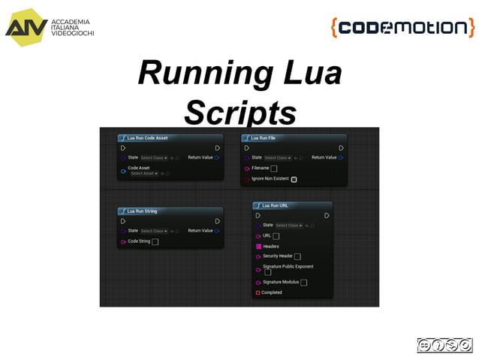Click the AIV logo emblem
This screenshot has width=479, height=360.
tap(26, 25)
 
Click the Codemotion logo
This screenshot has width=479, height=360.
tap(402, 28)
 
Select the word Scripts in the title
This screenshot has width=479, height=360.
tap(239, 113)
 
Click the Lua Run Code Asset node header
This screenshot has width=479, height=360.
tap(147, 139)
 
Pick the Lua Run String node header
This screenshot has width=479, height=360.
tap(142, 212)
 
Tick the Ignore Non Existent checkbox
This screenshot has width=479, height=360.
tap(294, 180)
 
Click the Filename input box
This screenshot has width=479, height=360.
tap(274, 169)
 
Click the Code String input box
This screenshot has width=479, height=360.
tap(155, 242)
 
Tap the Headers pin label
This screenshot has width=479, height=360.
tap(271, 247)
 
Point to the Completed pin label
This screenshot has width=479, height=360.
tap(272, 292)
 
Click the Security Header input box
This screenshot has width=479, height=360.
tap(297, 256)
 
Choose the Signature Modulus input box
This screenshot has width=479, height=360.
tap(303, 283)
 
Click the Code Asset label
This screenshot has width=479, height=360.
tap(139, 168)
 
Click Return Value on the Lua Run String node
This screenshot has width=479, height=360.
tap(200, 231)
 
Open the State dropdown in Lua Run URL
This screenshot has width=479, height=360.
tap(289, 225)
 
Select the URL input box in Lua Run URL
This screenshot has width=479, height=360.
tap(276, 236)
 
